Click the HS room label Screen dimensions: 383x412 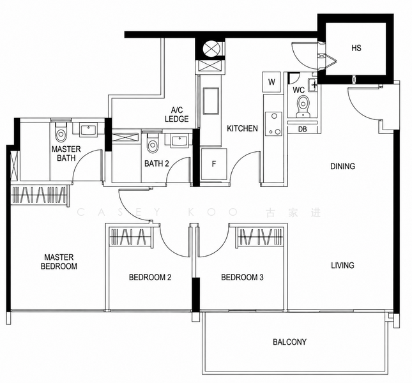pos(356,49)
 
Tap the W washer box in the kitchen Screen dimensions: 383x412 pos(271,82)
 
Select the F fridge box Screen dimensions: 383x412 pos(213,164)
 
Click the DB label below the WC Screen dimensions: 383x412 pos(303,130)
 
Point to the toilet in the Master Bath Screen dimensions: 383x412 pos(61,134)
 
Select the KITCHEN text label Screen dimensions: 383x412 pos(242,128)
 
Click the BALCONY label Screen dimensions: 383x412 pos(289,342)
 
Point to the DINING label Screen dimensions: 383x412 pos(342,167)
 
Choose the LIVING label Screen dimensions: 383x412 pos(342,265)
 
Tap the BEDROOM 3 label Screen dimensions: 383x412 pos(242,278)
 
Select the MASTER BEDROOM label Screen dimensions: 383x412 pos(59,261)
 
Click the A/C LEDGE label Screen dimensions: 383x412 pos(177,114)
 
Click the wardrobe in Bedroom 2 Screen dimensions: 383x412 pos(131,237)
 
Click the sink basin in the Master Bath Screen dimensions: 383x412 pos(88,130)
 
